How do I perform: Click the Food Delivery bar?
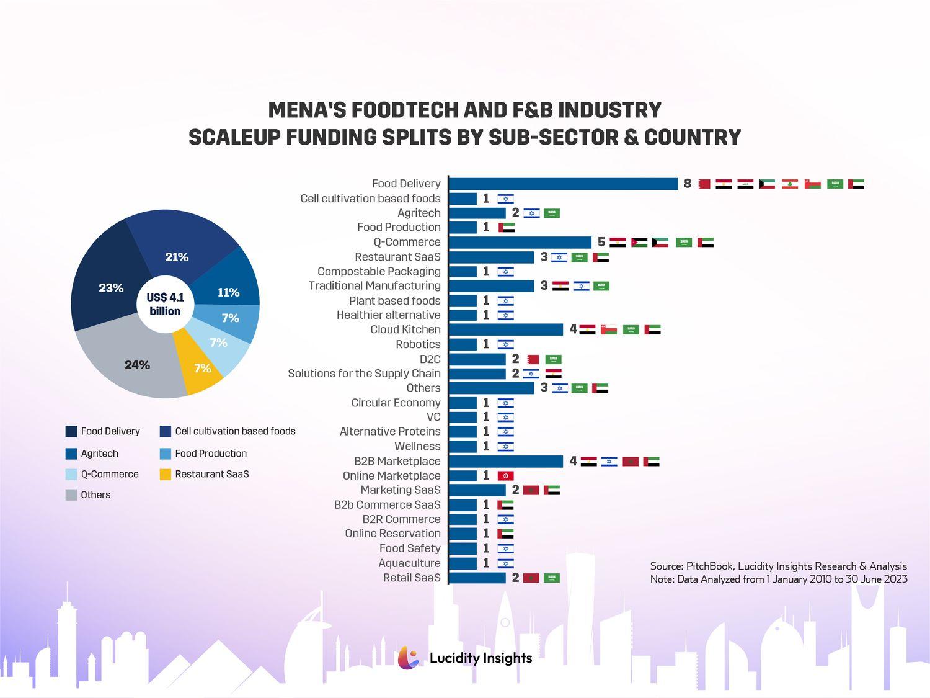[563, 184]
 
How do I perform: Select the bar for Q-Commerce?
[520, 242]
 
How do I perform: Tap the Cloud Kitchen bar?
[505, 329]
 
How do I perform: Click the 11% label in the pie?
[228, 292]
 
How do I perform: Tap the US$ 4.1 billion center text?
[165, 304]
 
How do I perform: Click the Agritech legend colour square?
[71, 454]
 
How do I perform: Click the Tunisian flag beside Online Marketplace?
[505, 476]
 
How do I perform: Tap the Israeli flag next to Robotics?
[505, 344]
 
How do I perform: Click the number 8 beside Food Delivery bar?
[687, 184]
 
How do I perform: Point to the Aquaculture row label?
[409, 563]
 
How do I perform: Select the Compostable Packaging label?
[379, 271]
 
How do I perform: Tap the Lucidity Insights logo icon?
[408, 658]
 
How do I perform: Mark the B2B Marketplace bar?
[505, 461]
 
